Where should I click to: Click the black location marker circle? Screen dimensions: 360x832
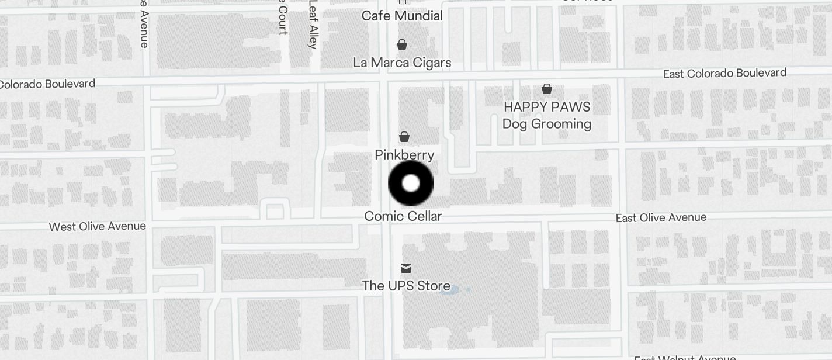point(411,183)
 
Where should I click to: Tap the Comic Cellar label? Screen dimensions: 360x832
point(403,216)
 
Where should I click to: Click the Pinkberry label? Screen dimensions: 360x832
point(404,155)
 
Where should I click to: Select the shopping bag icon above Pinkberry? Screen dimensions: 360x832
point(404,137)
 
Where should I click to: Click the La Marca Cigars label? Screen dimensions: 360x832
point(402,63)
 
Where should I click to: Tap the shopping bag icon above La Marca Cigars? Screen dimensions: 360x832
point(402,44)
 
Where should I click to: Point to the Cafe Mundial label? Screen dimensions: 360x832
point(402,16)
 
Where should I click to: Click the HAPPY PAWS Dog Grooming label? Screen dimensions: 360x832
point(547,115)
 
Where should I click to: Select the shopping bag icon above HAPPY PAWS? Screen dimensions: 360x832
point(547,89)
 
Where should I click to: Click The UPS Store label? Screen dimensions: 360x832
point(406,286)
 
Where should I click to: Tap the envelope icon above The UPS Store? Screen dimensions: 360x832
point(406,268)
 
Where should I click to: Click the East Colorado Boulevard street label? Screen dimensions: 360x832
point(724,74)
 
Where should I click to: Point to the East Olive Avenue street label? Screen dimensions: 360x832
point(661,217)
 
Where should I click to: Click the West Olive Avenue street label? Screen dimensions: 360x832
point(97,226)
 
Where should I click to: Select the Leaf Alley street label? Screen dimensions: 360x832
point(314,25)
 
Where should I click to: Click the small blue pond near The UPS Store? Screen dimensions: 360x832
point(449,289)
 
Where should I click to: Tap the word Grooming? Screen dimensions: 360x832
point(563,124)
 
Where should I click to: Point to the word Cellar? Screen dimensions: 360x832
point(422,216)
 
